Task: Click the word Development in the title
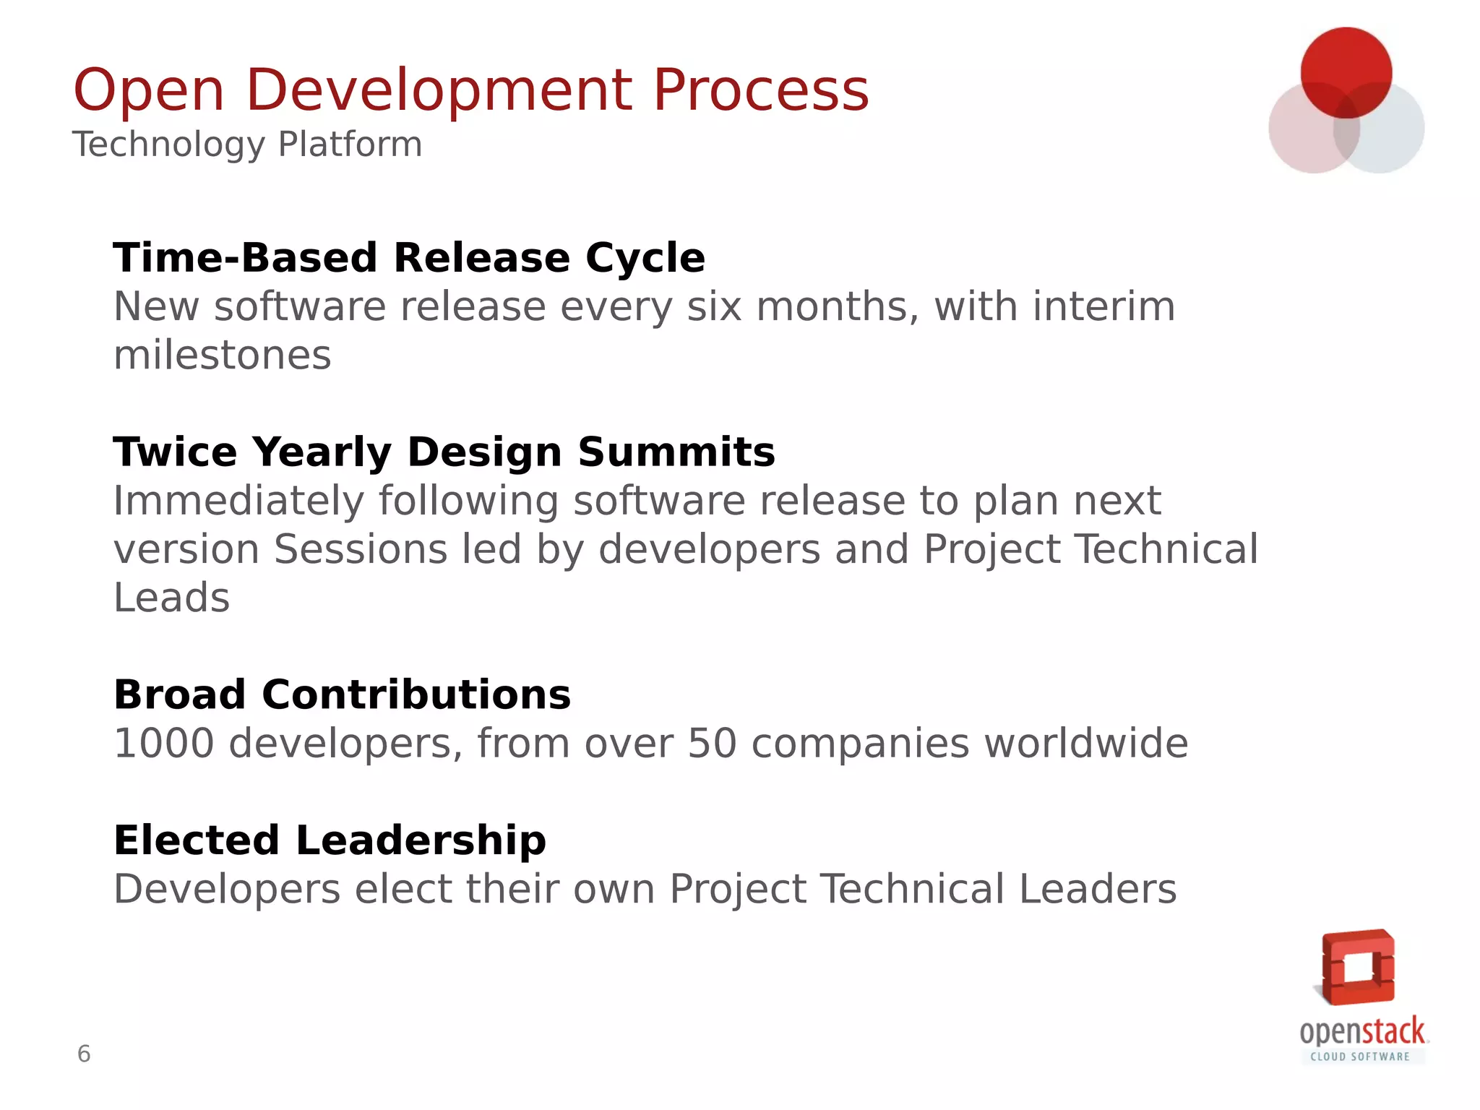(439, 91)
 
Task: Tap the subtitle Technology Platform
(247, 144)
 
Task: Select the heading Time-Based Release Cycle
(409, 258)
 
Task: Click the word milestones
(223, 356)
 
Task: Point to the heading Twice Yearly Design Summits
(444, 452)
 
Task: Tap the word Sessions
(361, 549)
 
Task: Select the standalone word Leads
(171, 598)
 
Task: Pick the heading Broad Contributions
(342, 695)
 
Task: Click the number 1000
(164, 744)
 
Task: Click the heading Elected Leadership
(330, 840)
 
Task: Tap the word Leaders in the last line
(1098, 889)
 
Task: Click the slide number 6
(84, 1054)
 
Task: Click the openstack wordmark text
(1362, 1031)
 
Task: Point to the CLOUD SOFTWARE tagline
(1360, 1057)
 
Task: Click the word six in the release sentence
(714, 307)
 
